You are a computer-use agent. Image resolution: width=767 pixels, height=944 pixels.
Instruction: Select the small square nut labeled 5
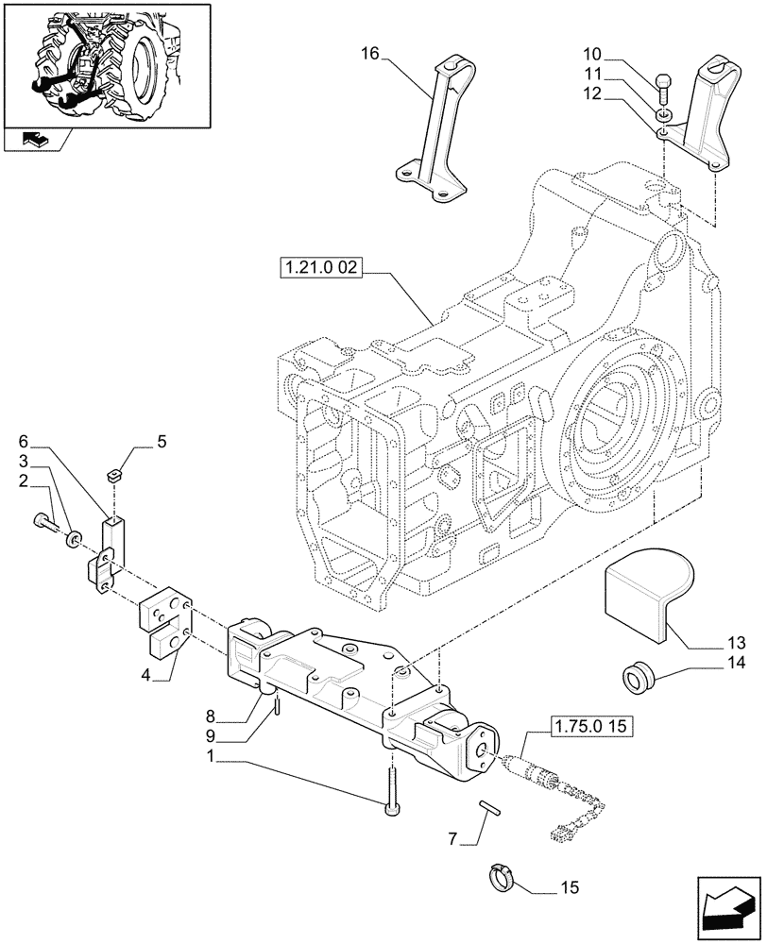coord(115,476)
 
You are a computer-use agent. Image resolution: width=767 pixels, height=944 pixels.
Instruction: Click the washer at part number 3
coord(73,538)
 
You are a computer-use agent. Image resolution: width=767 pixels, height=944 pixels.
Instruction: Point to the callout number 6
coord(24,442)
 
